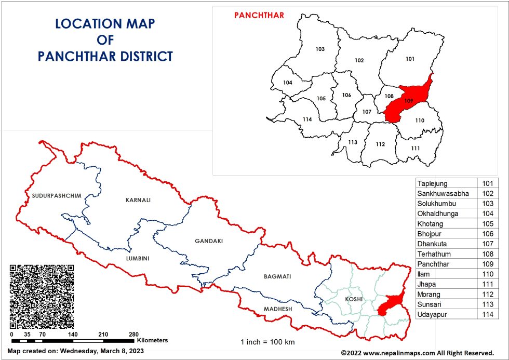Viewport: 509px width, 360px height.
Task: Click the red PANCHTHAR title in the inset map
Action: point(259,15)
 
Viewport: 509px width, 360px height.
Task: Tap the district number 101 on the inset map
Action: point(410,59)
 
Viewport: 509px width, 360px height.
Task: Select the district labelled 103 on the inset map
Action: point(320,49)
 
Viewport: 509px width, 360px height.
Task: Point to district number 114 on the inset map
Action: point(307,119)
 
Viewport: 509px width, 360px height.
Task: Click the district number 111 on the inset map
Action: point(415,148)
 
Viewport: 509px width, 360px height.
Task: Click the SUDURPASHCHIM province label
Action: point(49,196)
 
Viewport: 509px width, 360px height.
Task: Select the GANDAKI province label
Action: point(208,241)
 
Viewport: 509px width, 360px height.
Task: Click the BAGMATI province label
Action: point(277,276)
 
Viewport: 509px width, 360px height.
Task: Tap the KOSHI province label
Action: point(353,300)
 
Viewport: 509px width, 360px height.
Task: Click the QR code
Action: point(42,296)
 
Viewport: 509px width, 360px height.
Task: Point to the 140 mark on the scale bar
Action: point(73,335)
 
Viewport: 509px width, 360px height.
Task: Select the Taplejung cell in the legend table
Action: point(433,183)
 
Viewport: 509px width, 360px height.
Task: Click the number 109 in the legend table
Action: point(488,264)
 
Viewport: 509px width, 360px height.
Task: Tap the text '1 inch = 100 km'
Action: point(267,342)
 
